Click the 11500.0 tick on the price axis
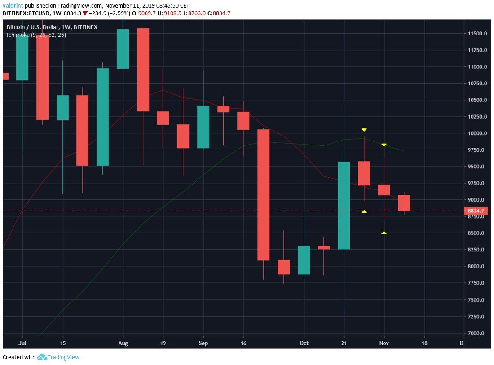click(x=477, y=34)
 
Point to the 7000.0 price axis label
click(x=476, y=334)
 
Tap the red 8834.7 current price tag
click(x=476, y=211)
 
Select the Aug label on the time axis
click(x=123, y=343)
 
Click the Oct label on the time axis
click(x=304, y=343)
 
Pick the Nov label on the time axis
click(x=384, y=343)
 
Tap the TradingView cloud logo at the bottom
click(x=42, y=357)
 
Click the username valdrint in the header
click(x=13, y=6)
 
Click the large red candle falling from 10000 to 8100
click(x=263, y=194)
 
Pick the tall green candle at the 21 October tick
click(x=344, y=205)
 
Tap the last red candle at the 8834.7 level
click(x=404, y=203)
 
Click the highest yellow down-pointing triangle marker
click(x=364, y=130)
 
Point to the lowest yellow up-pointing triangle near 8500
click(x=384, y=233)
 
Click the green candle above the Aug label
click(x=123, y=49)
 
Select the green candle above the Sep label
click(x=203, y=127)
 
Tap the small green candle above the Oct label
click(x=304, y=260)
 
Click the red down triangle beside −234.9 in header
click(x=85, y=13)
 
